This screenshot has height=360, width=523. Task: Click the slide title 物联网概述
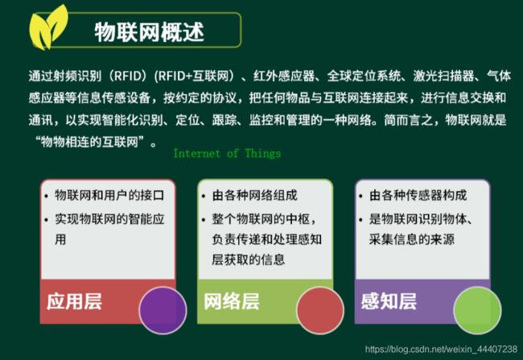[149, 31]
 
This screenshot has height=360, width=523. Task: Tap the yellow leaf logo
[47, 29]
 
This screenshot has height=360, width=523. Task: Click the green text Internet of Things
[227, 154]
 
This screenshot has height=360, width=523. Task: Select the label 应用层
[74, 301]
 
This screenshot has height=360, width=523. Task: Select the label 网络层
[232, 301]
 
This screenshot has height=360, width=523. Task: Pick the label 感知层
[389, 301]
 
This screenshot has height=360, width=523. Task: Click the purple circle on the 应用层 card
[163, 310]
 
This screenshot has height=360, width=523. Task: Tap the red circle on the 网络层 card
[320, 310]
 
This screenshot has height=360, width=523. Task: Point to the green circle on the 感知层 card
[477, 310]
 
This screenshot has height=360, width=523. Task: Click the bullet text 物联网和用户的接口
[109, 196]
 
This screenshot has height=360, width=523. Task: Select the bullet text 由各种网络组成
[254, 196]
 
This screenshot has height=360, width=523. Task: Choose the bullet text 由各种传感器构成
[418, 196]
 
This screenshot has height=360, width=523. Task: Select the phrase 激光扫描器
[443, 77]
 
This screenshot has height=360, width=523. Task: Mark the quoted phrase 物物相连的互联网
[89, 143]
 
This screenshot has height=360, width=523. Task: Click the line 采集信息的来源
[412, 239]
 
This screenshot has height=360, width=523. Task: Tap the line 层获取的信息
[249, 259]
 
